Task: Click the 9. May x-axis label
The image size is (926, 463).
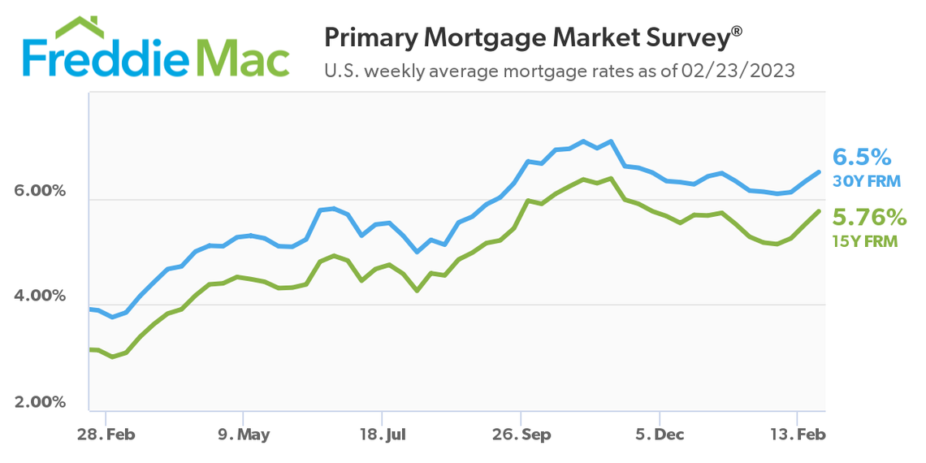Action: click(x=243, y=435)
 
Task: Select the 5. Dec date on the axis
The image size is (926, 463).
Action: click(x=660, y=435)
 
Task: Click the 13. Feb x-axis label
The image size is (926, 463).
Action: click(x=798, y=435)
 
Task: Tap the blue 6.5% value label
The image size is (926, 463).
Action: click(x=863, y=157)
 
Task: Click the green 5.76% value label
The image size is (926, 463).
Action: click(x=869, y=217)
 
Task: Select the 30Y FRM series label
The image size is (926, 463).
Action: click(x=867, y=181)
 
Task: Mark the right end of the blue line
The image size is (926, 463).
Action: click(x=819, y=171)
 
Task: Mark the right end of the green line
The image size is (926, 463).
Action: click(x=819, y=211)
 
